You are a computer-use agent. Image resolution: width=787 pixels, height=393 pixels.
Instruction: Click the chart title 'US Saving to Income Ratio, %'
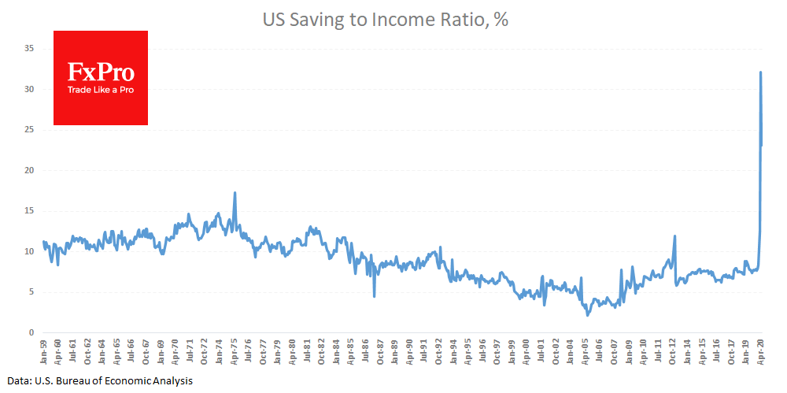pyautogui.click(x=385, y=21)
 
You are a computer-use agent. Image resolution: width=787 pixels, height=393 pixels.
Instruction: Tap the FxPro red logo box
pyautogui.click(x=101, y=78)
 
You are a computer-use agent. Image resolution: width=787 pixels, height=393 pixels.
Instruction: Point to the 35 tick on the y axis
pyautogui.click(x=28, y=49)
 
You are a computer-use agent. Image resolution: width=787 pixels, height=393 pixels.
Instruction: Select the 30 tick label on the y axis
pyautogui.click(x=28, y=90)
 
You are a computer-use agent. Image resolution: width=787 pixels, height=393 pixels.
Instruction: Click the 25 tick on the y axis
pyautogui.click(x=28, y=130)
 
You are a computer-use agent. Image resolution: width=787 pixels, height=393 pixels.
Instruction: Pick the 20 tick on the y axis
pyautogui.click(x=28, y=171)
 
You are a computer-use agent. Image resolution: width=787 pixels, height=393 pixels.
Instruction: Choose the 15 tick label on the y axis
pyautogui.click(x=28, y=211)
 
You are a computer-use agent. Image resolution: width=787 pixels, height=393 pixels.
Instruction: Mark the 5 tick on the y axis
pyautogui.click(x=30, y=292)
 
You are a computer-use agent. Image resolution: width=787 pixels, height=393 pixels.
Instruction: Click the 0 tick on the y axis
pyautogui.click(x=30, y=333)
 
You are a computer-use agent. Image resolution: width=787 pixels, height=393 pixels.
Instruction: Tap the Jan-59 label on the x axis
pyautogui.click(x=44, y=349)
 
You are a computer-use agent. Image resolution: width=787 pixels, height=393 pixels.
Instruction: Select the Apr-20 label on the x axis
pyautogui.click(x=762, y=349)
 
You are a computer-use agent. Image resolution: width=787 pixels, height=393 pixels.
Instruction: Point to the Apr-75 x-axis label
pyautogui.click(x=235, y=349)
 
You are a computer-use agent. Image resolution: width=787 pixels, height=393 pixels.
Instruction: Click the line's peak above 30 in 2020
pyautogui.click(x=760, y=72)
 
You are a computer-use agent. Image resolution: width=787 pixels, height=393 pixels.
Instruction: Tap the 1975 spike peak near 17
pyautogui.click(x=235, y=193)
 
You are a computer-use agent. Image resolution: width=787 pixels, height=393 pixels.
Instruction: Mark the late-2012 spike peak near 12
pyautogui.click(x=674, y=236)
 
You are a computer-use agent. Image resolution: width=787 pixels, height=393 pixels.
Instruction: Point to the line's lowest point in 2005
pyautogui.click(x=588, y=315)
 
